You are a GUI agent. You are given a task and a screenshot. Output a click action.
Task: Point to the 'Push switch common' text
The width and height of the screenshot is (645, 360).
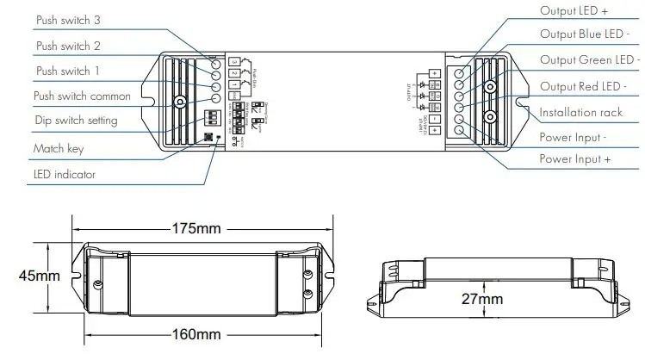click(x=82, y=96)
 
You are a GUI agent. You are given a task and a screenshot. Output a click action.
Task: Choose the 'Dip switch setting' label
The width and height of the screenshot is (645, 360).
click(x=75, y=121)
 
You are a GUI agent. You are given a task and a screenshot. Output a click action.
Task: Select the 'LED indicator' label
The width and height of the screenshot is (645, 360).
click(x=64, y=175)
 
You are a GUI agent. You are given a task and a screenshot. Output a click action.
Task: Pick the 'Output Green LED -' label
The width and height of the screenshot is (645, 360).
click(x=590, y=60)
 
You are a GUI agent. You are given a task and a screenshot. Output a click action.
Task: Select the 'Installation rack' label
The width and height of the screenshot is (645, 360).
click(x=580, y=112)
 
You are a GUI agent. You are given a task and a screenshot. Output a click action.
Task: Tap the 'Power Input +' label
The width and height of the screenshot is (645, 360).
click(x=575, y=159)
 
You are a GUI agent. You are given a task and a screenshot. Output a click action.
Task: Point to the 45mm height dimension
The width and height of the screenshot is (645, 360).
click(x=40, y=276)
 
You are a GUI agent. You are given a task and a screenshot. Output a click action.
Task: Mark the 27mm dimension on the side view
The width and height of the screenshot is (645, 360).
click(x=480, y=299)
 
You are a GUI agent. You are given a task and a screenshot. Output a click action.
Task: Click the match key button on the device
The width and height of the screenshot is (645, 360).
click(x=208, y=136)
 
